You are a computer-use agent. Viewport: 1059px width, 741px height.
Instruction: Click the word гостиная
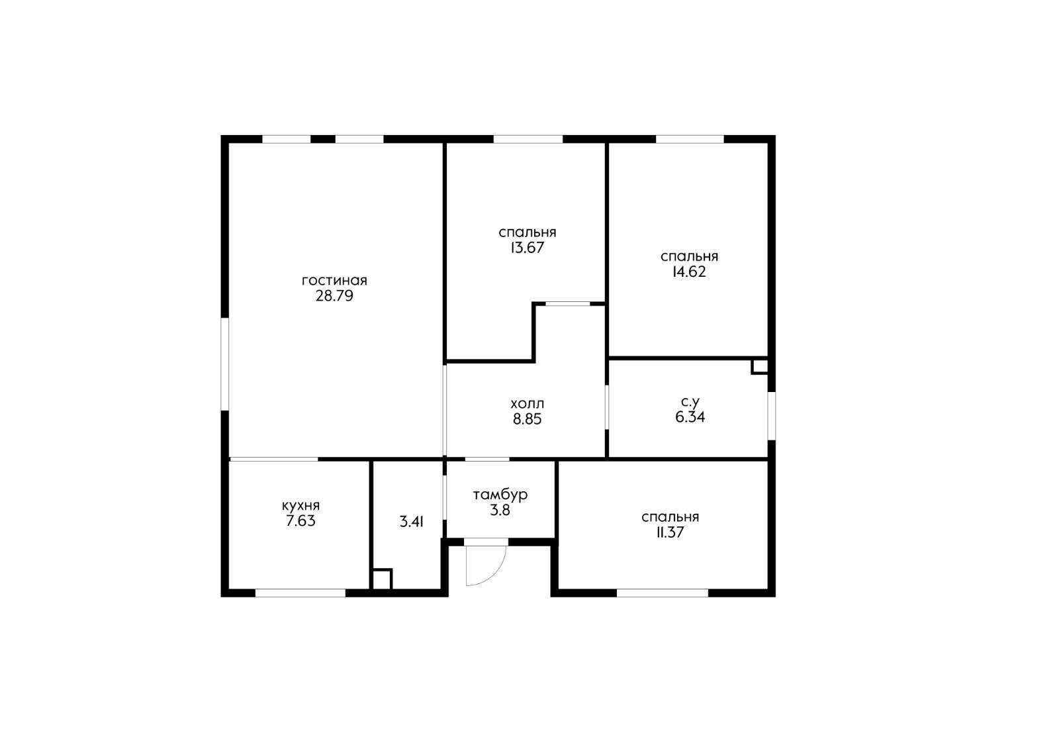pos(334,280)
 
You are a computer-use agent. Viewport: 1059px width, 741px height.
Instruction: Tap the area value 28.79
pos(334,296)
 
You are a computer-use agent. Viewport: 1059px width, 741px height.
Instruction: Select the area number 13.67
pos(527,248)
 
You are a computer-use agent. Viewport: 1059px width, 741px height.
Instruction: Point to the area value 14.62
pos(689,272)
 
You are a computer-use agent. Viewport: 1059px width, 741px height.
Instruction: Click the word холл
pos(527,404)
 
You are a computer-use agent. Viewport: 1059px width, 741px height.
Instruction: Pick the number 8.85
pos(527,419)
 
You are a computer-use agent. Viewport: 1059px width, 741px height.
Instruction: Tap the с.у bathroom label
pos(690,402)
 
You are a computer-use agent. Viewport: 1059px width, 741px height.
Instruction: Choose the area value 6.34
pos(690,417)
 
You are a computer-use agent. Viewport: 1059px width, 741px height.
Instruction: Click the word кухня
pos(300,506)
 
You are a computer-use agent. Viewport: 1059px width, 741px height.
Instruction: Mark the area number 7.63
pos(300,520)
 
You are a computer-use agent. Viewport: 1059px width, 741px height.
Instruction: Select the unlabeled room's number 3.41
pos(411,522)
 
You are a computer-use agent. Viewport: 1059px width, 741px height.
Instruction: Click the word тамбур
pos(500,495)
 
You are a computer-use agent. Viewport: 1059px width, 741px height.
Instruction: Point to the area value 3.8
pos(500,511)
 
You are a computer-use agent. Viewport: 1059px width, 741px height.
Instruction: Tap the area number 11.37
pos(670,532)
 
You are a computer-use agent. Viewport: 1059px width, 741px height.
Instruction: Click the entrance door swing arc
pos(496,573)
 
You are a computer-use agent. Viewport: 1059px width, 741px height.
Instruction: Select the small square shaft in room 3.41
pos(382,579)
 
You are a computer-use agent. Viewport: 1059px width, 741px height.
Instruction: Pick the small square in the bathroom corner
pos(760,366)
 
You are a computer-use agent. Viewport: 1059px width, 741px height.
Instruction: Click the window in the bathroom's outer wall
pos(771,416)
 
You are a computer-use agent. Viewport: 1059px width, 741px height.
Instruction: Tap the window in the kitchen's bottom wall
pos(300,593)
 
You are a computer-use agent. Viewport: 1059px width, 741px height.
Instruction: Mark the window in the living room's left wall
pos(225,364)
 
